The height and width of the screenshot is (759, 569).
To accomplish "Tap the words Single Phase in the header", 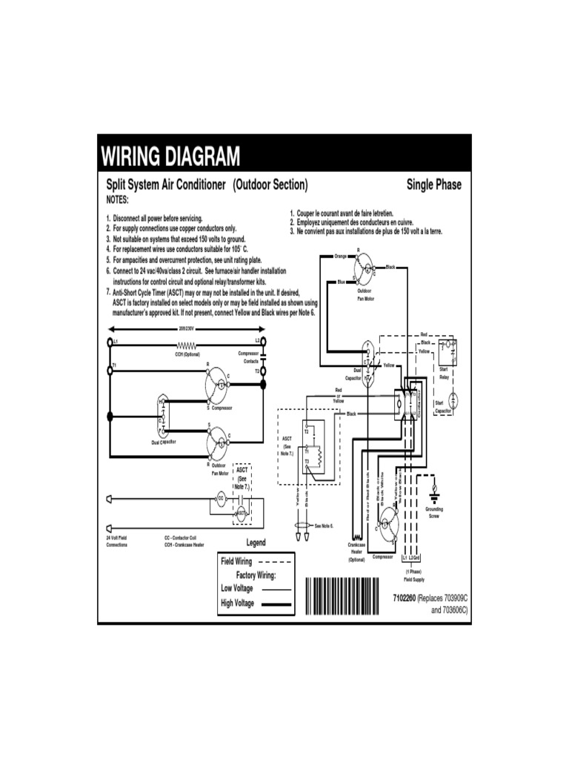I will pyautogui.click(x=433, y=185).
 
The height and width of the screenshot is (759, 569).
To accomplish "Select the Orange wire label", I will pyautogui.click(x=340, y=256).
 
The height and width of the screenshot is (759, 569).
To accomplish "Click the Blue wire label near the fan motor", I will pyautogui.click(x=341, y=282).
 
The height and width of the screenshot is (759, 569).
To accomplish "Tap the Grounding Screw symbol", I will pyautogui.click(x=434, y=488).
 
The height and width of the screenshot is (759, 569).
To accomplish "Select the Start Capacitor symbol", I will pyautogui.click(x=454, y=400).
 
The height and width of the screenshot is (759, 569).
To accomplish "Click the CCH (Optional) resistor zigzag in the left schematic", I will pyautogui.click(x=187, y=345).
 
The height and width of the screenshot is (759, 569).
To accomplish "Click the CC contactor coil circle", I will pyautogui.click(x=221, y=497).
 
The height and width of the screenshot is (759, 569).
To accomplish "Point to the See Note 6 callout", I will pyautogui.click(x=325, y=526).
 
